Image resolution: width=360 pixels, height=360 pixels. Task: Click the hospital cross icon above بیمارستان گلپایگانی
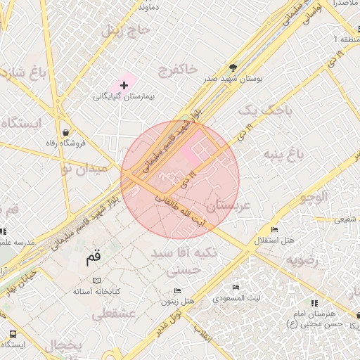[124, 85]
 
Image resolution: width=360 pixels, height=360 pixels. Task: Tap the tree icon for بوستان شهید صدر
[233, 68]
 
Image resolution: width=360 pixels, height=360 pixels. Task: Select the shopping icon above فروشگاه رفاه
[65, 132]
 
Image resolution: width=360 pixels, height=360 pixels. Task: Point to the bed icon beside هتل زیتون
[177, 291]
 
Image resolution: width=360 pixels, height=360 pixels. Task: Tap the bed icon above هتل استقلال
[274, 230]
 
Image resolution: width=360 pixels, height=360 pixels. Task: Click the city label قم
[94, 257]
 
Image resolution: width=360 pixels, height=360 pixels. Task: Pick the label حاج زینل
[126, 30]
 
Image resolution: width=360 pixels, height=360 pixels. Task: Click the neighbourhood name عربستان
[229, 205]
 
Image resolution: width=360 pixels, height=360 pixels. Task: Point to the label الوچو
[314, 198]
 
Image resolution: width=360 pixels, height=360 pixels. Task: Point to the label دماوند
[152, 6]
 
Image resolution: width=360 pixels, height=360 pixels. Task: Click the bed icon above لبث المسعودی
[236, 287]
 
